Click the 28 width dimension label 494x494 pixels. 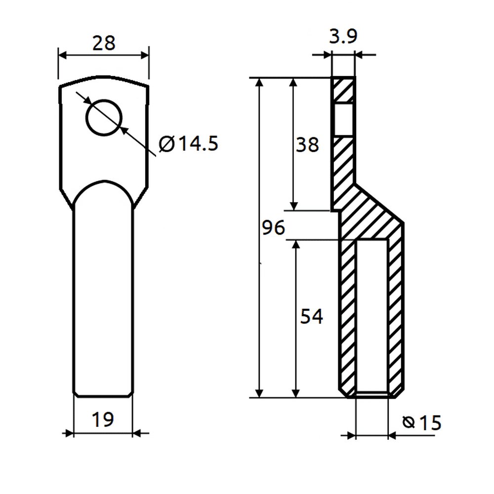tap(104, 43)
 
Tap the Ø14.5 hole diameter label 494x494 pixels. tap(188, 144)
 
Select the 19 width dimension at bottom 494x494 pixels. tap(103, 419)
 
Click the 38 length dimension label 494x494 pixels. tap(307, 145)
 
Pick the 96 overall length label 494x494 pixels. tap(274, 227)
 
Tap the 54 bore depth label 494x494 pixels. tap(312, 316)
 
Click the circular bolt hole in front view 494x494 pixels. tap(104, 118)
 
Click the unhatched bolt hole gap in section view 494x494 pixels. tap(343, 120)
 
